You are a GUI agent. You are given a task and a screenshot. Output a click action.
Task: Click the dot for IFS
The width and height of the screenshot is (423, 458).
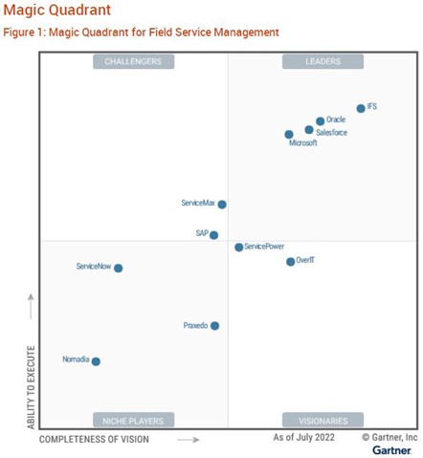tap(361, 108)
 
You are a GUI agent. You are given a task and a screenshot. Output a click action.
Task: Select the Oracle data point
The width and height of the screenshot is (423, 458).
tap(320, 121)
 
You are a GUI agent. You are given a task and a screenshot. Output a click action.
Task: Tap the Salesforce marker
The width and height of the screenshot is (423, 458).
tap(309, 129)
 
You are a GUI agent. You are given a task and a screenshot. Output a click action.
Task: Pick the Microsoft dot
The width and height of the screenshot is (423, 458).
tap(289, 135)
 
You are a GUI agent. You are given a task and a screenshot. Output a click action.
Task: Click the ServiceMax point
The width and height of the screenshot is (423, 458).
tap(222, 204)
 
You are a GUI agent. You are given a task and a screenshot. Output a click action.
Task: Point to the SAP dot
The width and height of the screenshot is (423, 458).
tap(214, 234)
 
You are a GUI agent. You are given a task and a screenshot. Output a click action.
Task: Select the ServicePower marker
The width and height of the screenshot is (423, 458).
tap(239, 247)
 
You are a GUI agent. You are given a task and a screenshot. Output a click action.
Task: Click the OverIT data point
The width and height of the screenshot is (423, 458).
tap(291, 261)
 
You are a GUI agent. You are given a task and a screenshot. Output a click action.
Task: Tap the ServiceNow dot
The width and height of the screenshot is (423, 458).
tap(119, 268)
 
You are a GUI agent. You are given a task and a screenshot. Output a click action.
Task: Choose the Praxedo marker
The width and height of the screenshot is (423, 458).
tap(214, 326)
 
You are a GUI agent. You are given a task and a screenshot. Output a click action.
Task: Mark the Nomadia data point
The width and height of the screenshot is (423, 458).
tap(96, 361)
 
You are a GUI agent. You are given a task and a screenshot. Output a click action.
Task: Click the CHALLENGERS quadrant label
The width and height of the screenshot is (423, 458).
tap(133, 62)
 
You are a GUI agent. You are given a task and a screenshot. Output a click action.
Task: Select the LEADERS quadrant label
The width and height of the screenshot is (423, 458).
tap(323, 62)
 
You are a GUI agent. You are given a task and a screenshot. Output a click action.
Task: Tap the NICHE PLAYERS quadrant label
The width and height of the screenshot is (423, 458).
tap(133, 420)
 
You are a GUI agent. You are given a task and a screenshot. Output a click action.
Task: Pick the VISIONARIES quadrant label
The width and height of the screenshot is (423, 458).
tap(323, 420)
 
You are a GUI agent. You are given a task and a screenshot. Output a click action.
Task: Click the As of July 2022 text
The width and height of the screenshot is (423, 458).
tap(303, 437)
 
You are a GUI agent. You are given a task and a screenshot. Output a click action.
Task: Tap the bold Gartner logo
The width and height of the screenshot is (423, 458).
tap(392, 449)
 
